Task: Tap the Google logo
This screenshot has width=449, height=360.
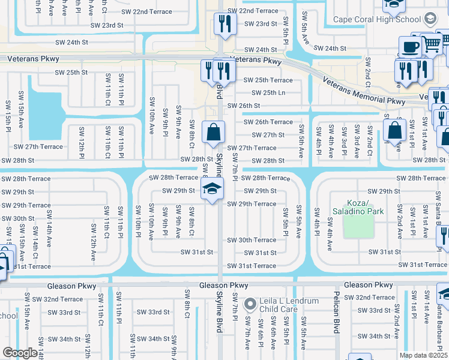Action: [x=20, y=353]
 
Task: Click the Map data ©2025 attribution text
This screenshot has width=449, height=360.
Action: [x=423, y=355]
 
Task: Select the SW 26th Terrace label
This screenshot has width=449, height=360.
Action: [x=268, y=122]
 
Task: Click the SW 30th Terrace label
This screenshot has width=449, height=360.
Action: [x=251, y=240]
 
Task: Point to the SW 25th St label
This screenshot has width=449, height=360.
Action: [x=71, y=72]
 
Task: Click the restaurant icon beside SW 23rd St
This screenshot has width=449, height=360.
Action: [x=223, y=23]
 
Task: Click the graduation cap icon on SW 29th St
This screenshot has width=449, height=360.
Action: [x=211, y=188]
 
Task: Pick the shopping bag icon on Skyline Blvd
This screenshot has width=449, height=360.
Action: [x=213, y=131]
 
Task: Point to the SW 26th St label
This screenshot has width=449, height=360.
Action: [x=243, y=106]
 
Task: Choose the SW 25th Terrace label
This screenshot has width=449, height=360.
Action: [x=268, y=80]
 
